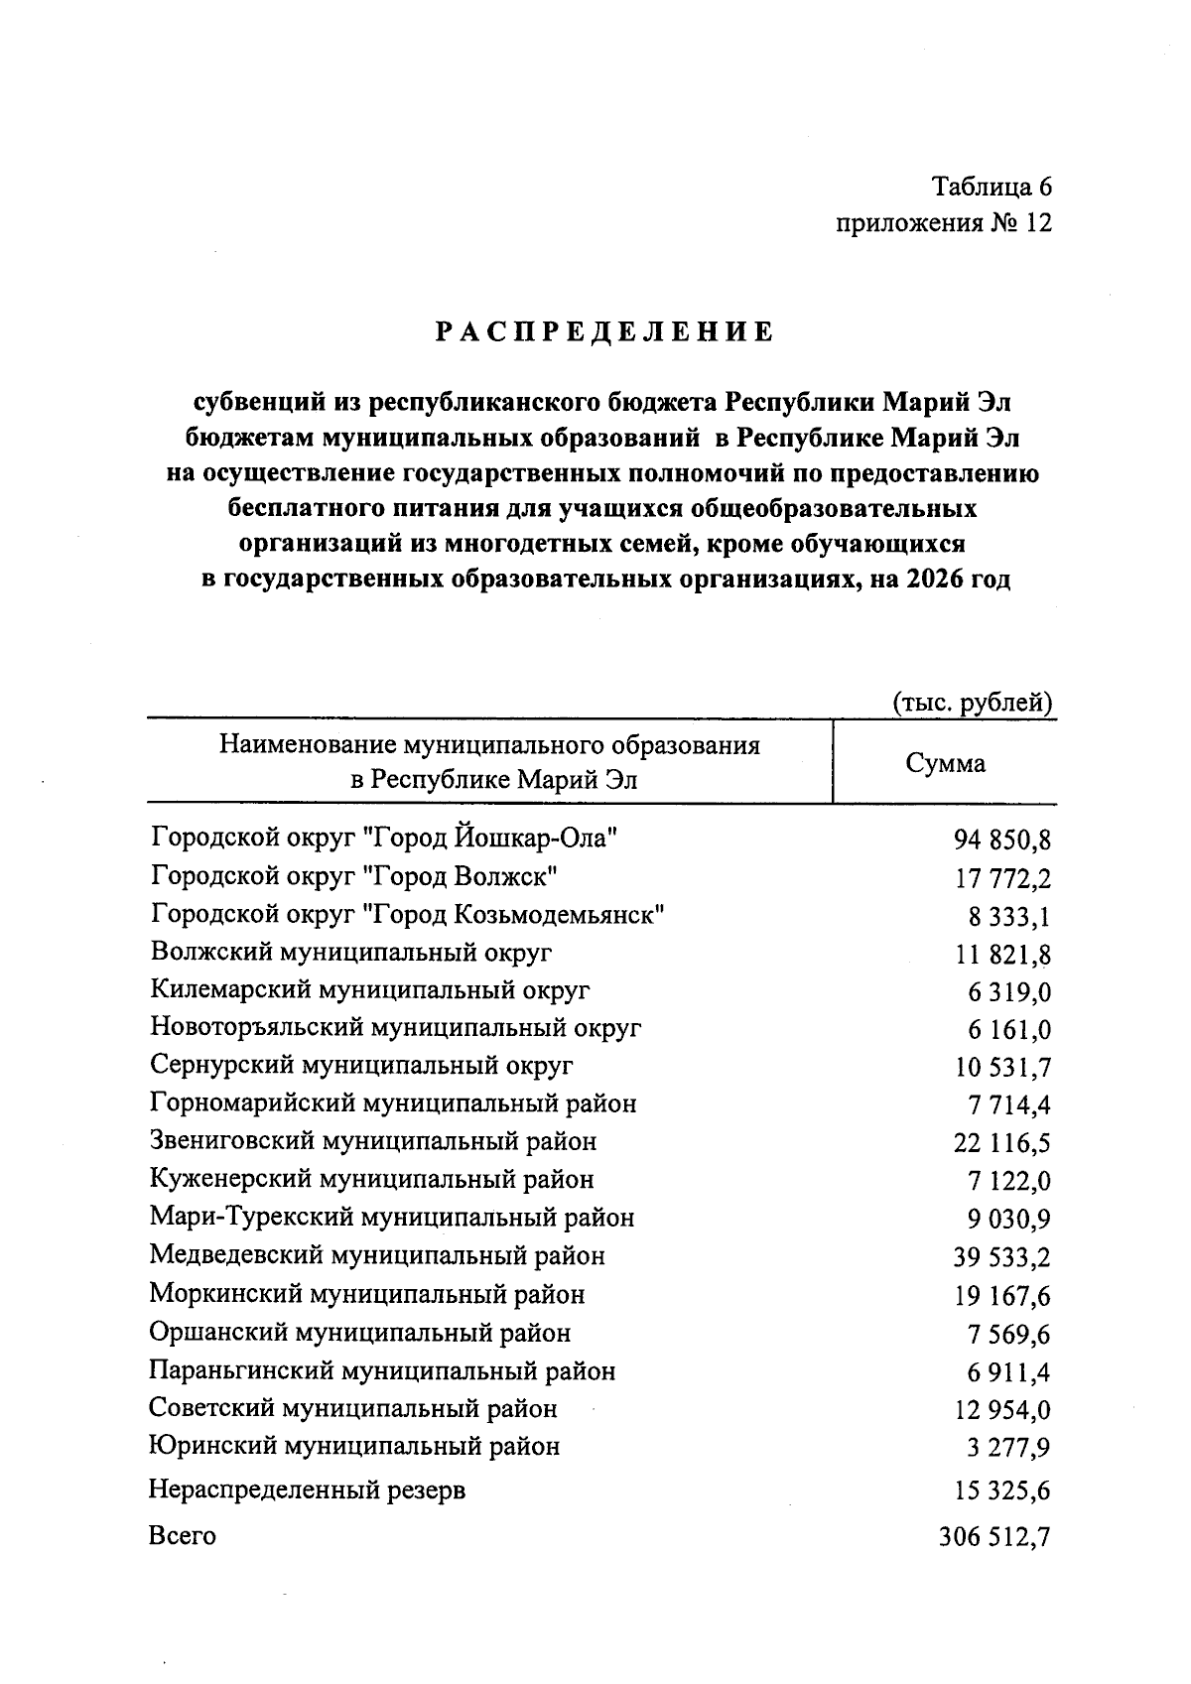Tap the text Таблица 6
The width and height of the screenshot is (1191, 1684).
tap(991, 187)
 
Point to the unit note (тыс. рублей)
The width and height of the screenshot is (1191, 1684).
tap(972, 703)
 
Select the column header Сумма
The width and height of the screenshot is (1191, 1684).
tap(945, 763)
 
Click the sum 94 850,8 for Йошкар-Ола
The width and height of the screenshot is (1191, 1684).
tap(1001, 842)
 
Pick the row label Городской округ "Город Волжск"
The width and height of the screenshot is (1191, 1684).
tap(355, 876)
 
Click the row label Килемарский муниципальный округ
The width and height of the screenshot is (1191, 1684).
tap(370, 990)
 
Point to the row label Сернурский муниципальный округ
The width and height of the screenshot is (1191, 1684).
tap(362, 1066)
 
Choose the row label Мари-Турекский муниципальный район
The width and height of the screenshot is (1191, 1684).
tap(392, 1218)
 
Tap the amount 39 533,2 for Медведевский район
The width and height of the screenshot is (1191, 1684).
tap(1001, 1258)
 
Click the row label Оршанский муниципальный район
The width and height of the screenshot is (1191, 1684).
tap(360, 1333)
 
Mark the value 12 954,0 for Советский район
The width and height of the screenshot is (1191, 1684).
tap(1001, 1410)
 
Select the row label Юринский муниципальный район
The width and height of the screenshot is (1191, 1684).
tap(354, 1447)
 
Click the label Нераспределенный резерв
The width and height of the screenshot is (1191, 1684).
tap(307, 1490)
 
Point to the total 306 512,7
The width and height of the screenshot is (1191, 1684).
tap(994, 1538)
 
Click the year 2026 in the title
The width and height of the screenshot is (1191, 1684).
tap(930, 580)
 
